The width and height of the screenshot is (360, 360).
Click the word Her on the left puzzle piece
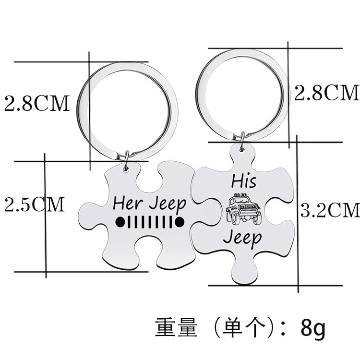point(128,203)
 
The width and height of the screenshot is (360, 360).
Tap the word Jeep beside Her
point(168,205)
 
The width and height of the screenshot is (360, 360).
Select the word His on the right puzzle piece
point(243,181)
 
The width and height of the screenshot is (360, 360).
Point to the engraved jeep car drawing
point(243,208)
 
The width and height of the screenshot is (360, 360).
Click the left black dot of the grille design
point(120,222)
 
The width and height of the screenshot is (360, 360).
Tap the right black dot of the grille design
point(180,222)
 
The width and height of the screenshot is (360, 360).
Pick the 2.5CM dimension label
point(35,204)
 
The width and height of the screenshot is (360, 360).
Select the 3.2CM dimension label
point(330,210)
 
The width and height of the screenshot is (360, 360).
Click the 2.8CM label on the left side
point(37,103)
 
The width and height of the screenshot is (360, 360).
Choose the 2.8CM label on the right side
point(327,92)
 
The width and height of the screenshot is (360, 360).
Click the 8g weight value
point(313,328)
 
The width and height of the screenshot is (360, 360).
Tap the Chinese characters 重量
point(176,327)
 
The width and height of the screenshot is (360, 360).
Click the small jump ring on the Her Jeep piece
point(126,161)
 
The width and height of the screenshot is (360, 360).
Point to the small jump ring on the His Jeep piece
point(242,142)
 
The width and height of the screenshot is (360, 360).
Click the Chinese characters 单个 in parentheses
point(244,327)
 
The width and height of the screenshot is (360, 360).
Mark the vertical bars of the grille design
point(150,222)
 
